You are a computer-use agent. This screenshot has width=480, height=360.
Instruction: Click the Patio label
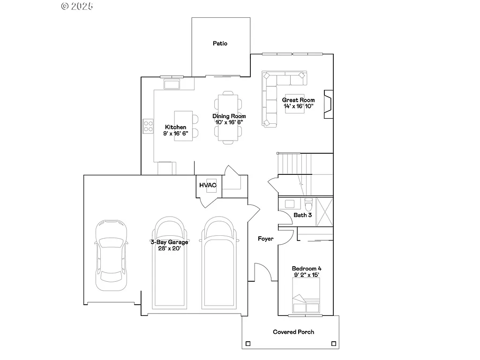click(220, 44)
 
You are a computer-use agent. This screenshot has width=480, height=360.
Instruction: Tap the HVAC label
click(208, 185)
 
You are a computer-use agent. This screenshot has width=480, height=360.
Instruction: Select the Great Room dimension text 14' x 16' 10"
click(298, 106)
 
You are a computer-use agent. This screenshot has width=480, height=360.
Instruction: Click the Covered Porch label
click(293, 332)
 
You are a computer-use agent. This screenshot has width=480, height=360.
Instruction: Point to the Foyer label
click(265, 239)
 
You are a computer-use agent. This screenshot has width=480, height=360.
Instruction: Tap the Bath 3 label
click(302, 215)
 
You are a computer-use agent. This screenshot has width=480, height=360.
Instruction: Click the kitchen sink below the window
click(172, 84)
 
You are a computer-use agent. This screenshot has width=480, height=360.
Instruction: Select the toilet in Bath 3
click(308, 205)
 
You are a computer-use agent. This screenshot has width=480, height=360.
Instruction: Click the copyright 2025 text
click(77, 6)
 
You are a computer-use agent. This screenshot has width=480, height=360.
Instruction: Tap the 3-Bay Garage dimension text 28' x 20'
click(169, 248)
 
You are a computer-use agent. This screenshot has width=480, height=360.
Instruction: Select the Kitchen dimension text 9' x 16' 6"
click(175, 134)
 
